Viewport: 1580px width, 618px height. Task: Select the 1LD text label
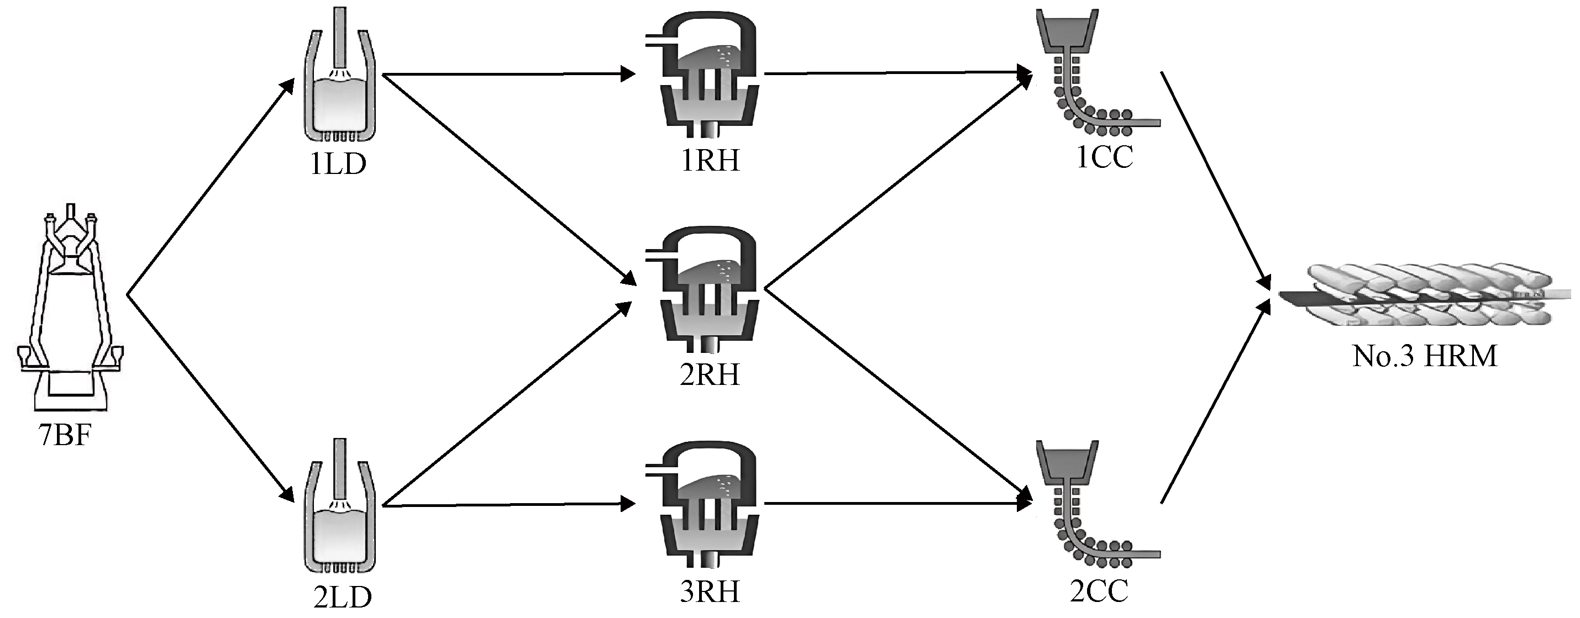click(338, 163)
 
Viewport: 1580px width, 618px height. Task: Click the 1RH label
click(710, 161)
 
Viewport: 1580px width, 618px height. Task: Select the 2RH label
click(710, 374)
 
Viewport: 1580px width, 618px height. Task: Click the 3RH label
click(710, 592)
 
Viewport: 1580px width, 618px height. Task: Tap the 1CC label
click(1105, 157)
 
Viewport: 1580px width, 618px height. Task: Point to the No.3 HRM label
click(1424, 356)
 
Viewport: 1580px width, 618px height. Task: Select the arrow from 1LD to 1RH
click(508, 75)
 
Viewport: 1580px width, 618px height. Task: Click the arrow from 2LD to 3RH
click(508, 505)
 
